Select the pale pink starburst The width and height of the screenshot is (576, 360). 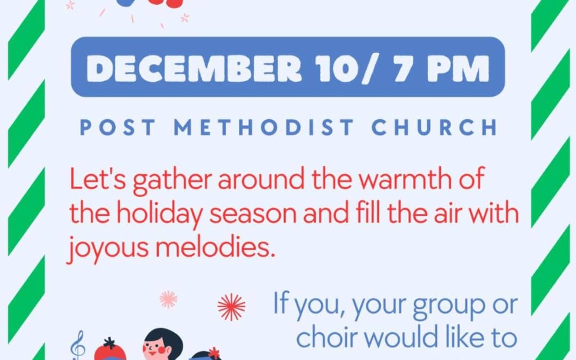[x=169, y=299]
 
